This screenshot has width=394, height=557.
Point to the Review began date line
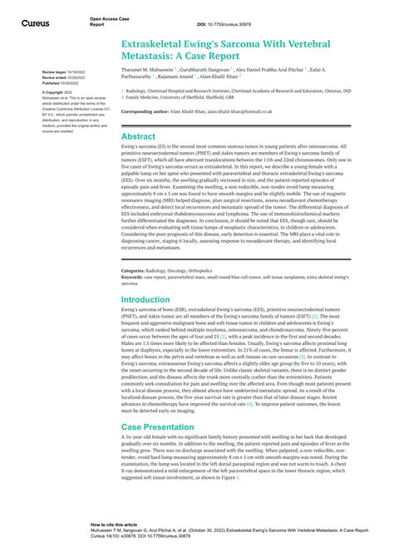(x=59, y=72)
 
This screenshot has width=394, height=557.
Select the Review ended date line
(x=59, y=78)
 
